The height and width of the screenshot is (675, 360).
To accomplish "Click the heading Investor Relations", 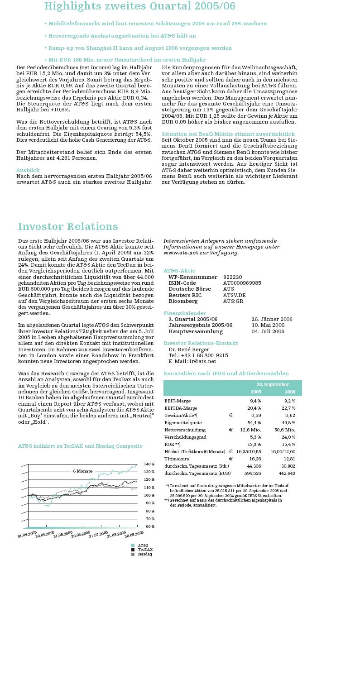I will click(x=68, y=227).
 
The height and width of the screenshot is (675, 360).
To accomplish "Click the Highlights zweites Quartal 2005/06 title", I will click(x=139, y=6).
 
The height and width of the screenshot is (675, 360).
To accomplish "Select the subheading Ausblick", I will click(x=28, y=170).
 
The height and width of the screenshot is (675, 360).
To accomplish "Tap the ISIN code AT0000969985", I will click(x=242, y=283).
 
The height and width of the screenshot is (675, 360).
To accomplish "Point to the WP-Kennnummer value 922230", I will click(x=232, y=277).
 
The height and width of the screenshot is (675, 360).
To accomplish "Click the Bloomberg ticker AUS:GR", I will click(x=233, y=301).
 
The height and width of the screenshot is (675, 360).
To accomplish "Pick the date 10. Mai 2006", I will click(x=268, y=325).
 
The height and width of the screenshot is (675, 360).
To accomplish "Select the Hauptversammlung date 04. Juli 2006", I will click(x=268, y=331).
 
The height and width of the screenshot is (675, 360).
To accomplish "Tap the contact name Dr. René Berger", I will click(x=189, y=349).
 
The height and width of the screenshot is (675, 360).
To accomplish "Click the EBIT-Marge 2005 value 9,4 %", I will click(x=255, y=401).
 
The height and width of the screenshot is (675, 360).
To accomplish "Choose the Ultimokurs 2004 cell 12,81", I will click(x=289, y=459).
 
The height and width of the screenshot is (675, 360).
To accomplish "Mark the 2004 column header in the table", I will click(x=290, y=392).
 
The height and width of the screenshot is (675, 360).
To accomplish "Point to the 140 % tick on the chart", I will click(x=149, y=464).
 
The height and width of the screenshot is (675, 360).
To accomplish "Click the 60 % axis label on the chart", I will click(x=149, y=527).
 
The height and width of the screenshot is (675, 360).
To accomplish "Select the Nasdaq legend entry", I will click(x=144, y=554).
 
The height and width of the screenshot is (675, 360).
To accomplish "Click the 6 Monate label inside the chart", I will click(x=83, y=471).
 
